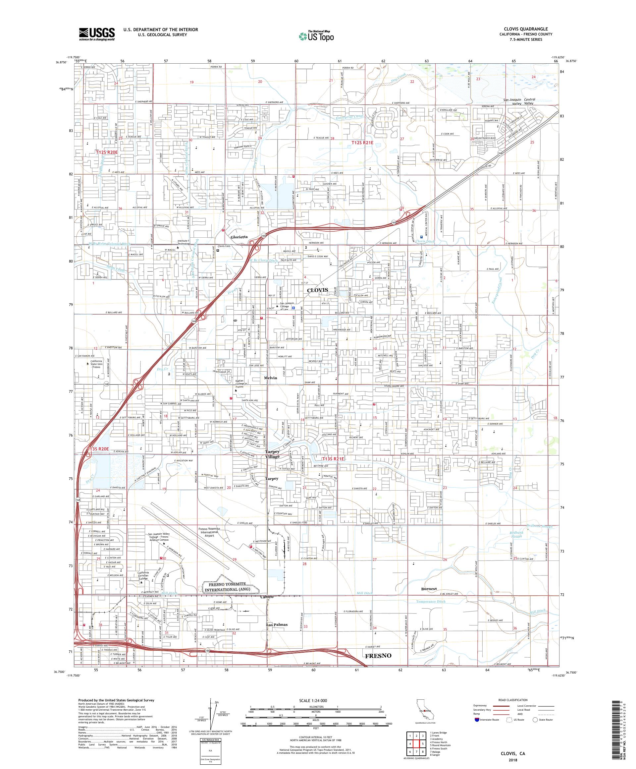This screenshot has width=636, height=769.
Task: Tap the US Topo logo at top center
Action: (x=317, y=35)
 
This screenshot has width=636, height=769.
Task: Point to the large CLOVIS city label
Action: (x=317, y=290)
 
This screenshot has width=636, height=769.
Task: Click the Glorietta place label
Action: (x=239, y=237)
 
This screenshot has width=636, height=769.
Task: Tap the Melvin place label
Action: (x=270, y=378)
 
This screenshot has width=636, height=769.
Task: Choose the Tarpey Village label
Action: (x=272, y=454)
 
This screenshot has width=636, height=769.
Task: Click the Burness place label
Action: (x=429, y=589)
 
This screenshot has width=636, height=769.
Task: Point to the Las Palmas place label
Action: (x=277, y=625)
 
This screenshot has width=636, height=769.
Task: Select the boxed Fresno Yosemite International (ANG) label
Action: (x=231, y=587)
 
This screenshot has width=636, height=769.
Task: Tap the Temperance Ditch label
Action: (x=431, y=602)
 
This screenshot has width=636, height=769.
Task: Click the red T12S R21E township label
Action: (x=362, y=143)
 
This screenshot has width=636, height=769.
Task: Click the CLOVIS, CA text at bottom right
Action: (x=513, y=754)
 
